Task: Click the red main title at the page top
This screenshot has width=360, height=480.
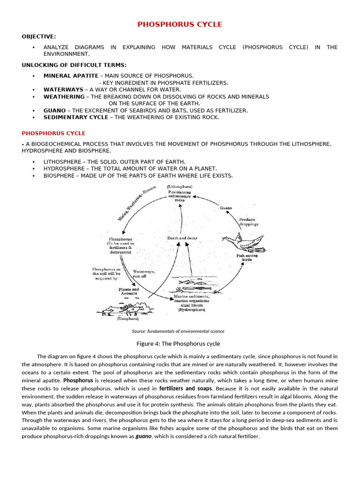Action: coord(180,24)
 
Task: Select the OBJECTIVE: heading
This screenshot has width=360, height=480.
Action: coord(38,37)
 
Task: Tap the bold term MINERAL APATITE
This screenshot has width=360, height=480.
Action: coord(71,75)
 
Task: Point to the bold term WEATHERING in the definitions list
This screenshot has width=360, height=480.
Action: coord(64,97)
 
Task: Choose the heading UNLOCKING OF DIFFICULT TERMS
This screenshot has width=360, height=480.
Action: coord(74,65)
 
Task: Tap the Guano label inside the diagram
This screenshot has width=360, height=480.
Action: coord(226,207)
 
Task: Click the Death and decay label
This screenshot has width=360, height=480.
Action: coord(182,238)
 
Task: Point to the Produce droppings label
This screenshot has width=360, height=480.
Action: coord(248,222)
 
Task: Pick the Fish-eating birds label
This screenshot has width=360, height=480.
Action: coord(247,257)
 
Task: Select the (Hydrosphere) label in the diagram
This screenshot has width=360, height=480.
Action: coord(191,309)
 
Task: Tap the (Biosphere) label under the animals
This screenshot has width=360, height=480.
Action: coord(127,318)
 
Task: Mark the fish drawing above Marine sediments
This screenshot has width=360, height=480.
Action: coord(192,283)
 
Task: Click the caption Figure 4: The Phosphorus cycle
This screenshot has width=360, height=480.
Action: coord(178,344)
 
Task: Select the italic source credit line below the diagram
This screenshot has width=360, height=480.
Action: coord(178,331)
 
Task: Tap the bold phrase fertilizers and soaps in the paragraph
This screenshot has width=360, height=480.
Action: coord(186,389)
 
